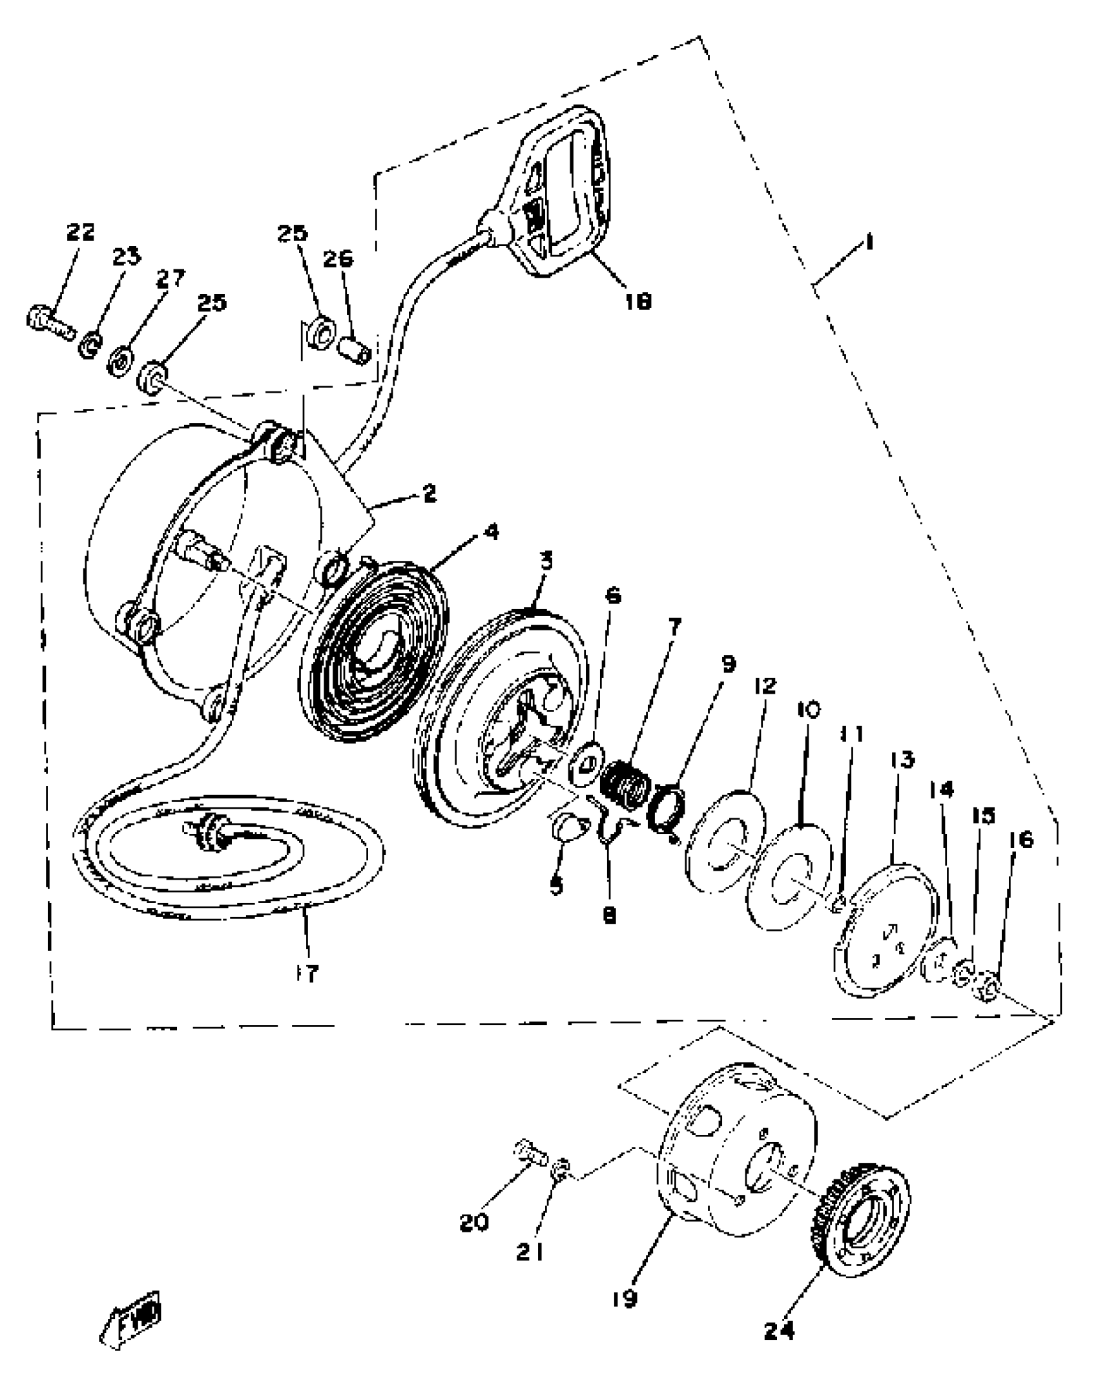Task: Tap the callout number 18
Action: tap(638, 300)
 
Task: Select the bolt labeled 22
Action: tap(49, 323)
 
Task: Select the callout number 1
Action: tap(869, 243)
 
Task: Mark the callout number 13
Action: tap(902, 760)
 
